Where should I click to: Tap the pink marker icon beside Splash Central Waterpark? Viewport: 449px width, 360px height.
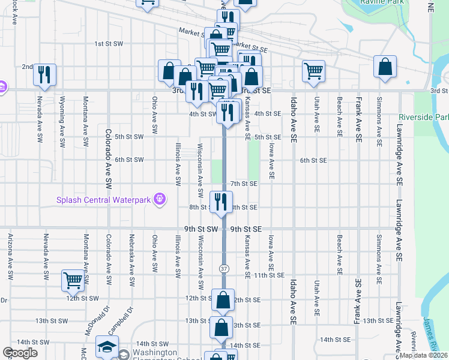[159, 198]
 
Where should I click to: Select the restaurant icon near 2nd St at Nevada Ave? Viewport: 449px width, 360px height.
[44, 74]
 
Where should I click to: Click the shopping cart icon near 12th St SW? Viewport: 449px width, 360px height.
[73, 280]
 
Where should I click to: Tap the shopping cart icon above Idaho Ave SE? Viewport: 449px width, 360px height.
[313, 71]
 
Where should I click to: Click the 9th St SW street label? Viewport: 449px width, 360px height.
[200, 229]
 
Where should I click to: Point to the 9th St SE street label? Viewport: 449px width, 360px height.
[246, 229]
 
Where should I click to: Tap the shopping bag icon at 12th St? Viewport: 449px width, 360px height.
[223, 300]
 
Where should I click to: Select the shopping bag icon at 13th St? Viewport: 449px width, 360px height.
[221, 328]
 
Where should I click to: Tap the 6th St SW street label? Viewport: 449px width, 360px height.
[129, 160]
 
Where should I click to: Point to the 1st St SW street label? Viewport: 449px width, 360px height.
[109, 44]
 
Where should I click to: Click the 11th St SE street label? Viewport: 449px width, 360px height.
[268, 275]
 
